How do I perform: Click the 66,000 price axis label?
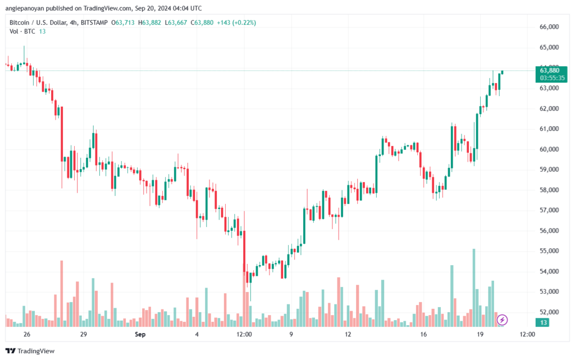[549, 27]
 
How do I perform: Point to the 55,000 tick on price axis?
[549, 251]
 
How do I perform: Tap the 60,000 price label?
[549, 149]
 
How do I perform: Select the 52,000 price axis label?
[549, 312]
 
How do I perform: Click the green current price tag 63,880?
[550, 70]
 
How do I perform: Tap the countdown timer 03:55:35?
[552, 78]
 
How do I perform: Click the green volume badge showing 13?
[543, 322]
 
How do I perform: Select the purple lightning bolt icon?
[502, 320]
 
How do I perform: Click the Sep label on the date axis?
[140, 334]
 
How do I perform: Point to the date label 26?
[26, 334]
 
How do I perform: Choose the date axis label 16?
[423, 334]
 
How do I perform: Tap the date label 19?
[480, 334]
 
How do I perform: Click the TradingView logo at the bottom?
[30, 351]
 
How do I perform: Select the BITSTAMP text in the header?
[94, 22]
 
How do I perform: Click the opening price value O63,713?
[123, 22]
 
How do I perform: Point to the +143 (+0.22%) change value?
[236, 22]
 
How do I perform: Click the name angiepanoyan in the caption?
[25, 8]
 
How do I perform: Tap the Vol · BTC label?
[22, 31]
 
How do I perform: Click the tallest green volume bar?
[474, 288]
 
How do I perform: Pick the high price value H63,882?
[149, 22]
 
